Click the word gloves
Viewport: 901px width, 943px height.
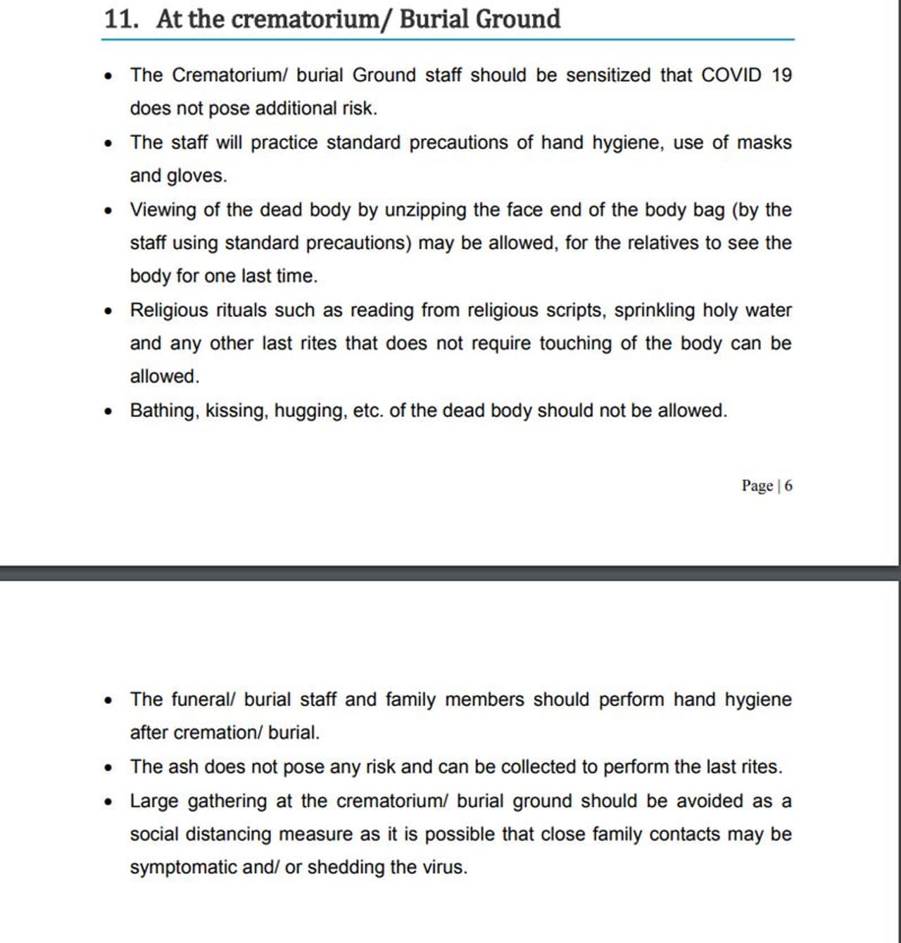click(196, 176)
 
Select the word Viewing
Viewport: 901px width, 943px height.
click(163, 210)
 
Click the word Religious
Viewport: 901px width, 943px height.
click(169, 310)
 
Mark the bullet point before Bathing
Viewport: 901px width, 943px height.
click(108, 411)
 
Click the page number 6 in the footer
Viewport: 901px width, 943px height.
click(788, 486)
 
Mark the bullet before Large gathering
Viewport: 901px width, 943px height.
click(108, 802)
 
